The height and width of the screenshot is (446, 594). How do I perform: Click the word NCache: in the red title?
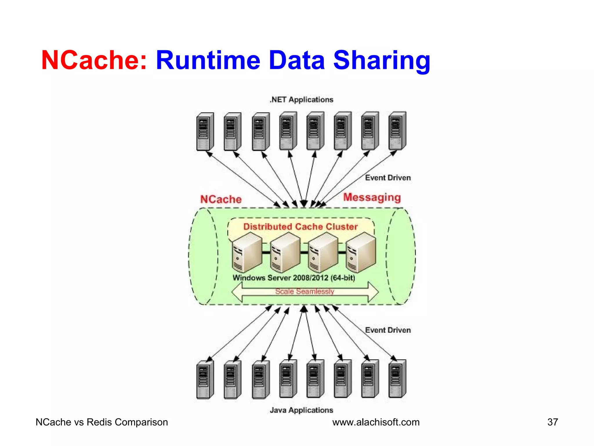[94, 60]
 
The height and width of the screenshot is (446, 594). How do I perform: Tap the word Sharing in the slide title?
[382, 60]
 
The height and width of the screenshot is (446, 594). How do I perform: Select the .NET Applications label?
[301, 100]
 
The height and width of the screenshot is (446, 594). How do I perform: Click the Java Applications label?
[301, 410]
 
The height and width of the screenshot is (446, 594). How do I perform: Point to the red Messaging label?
[372, 197]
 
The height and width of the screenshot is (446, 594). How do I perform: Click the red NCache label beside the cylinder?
[221, 199]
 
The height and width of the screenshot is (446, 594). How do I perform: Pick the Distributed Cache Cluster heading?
[300, 226]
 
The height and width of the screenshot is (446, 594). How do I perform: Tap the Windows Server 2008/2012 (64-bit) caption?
[294, 278]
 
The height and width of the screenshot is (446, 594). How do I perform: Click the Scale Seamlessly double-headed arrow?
[305, 292]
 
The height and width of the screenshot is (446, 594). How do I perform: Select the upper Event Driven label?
[388, 178]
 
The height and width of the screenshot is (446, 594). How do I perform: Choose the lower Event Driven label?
[388, 330]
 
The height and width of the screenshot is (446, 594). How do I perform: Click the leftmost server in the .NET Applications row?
[205, 132]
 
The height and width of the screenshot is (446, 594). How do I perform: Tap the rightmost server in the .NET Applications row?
[397, 131]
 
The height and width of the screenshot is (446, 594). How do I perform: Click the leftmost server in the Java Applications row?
[205, 379]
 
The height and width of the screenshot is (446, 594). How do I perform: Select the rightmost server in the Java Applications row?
[397, 378]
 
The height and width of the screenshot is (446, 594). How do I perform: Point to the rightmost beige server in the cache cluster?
[361, 252]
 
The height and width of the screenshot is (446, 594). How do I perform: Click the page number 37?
[553, 422]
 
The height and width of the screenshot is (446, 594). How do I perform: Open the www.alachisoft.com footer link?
[376, 422]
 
